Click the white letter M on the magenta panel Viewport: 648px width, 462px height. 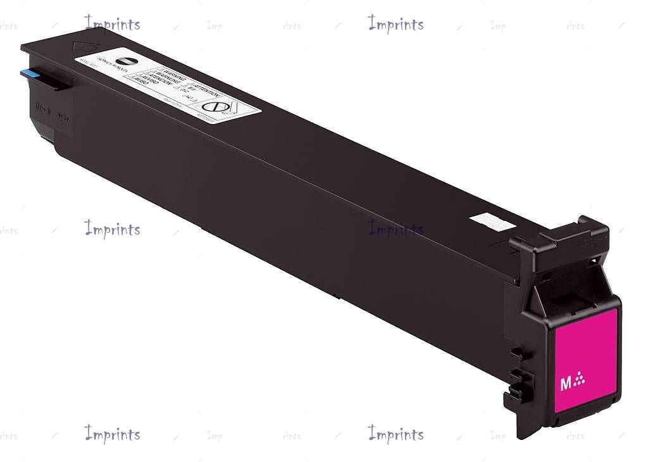[x=565, y=384]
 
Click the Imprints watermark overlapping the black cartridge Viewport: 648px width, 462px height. [x=396, y=229]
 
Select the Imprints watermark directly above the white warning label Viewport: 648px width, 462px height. [x=113, y=24]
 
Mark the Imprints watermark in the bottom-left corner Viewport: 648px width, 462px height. [x=113, y=434]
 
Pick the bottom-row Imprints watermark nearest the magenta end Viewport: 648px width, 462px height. [x=396, y=434]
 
